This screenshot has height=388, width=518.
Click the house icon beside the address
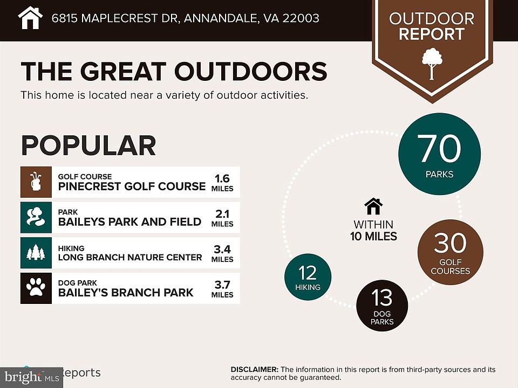click(x=30, y=18)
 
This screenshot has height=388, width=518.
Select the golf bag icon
click(x=36, y=182)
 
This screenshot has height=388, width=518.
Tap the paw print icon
click(x=36, y=288)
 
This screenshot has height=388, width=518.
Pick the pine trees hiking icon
click(x=36, y=253)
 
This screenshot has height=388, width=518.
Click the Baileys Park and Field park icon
click(x=36, y=217)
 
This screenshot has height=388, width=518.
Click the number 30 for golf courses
click(x=450, y=244)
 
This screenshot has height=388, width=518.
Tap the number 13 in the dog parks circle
click(x=381, y=299)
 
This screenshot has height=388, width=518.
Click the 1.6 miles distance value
click(x=222, y=177)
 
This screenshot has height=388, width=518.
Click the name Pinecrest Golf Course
click(x=132, y=186)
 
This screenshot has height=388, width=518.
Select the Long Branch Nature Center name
click(x=129, y=257)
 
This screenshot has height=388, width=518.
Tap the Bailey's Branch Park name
click(x=125, y=293)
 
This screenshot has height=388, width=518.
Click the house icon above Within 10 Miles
click(x=373, y=206)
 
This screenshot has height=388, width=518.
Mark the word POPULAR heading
click(x=88, y=145)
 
